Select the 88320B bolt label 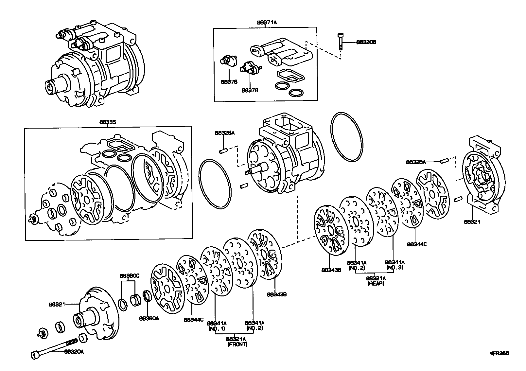pyautogui.click(x=366, y=42)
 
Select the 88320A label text pyautogui.click(x=74, y=352)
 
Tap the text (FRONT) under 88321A pyautogui.click(x=237, y=344)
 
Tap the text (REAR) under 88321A pyautogui.click(x=376, y=283)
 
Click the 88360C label pyautogui.click(x=129, y=276)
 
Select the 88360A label pyautogui.click(x=149, y=318)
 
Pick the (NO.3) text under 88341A pyautogui.click(x=394, y=267)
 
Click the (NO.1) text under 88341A pyautogui.click(x=217, y=328)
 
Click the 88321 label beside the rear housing pyautogui.click(x=472, y=221)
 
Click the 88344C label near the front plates pyautogui.click(x=194, y=320)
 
